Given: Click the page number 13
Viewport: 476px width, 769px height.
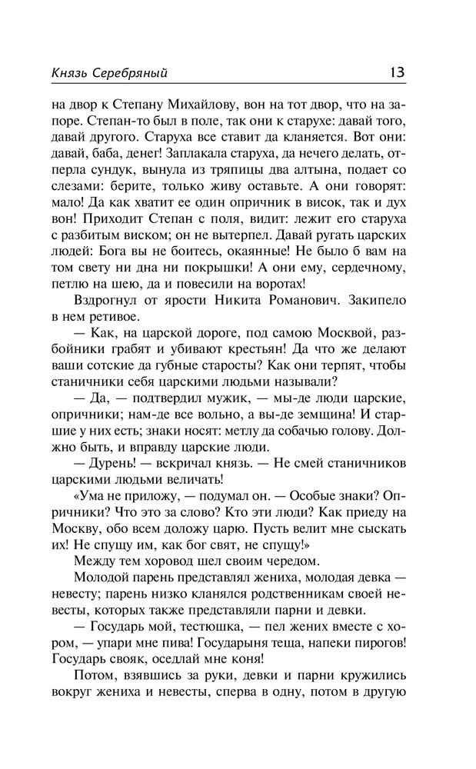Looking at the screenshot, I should pos(397,72).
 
